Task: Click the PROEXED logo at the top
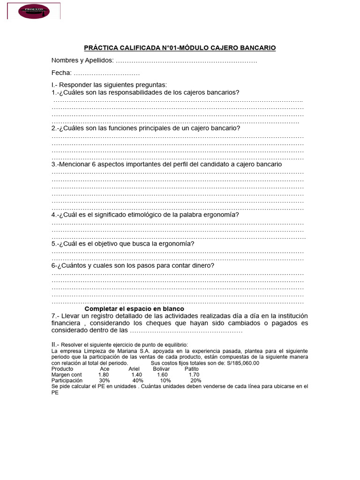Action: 34,11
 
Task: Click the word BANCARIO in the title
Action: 255,48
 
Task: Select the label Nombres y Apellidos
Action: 82,60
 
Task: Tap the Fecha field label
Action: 61,73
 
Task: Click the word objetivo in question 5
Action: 119,244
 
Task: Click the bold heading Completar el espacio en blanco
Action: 134,309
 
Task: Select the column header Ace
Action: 105,369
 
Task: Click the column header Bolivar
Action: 161,369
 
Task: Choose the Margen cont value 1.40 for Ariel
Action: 136,375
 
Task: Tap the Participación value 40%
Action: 138,381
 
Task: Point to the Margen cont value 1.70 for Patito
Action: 194,375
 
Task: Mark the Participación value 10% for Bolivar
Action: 165,381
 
